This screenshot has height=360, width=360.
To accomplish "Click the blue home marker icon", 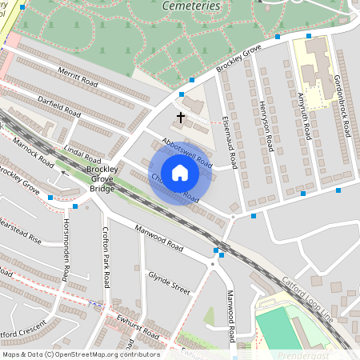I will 180,173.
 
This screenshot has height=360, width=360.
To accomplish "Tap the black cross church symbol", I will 181,118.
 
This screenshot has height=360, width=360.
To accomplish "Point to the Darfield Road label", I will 59,105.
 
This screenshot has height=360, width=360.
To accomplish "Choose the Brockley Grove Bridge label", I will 102,180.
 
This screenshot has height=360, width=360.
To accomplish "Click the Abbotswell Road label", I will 186,152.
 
